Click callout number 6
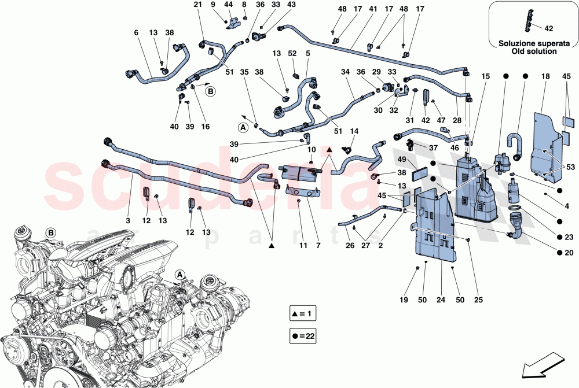click(137, 33)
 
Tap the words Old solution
click(533, 51)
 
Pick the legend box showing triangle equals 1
click(307, 314)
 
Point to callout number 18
click(545, 76)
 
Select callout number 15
click(485, 76)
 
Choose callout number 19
click(403, 300)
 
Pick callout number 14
click(354, 131)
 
